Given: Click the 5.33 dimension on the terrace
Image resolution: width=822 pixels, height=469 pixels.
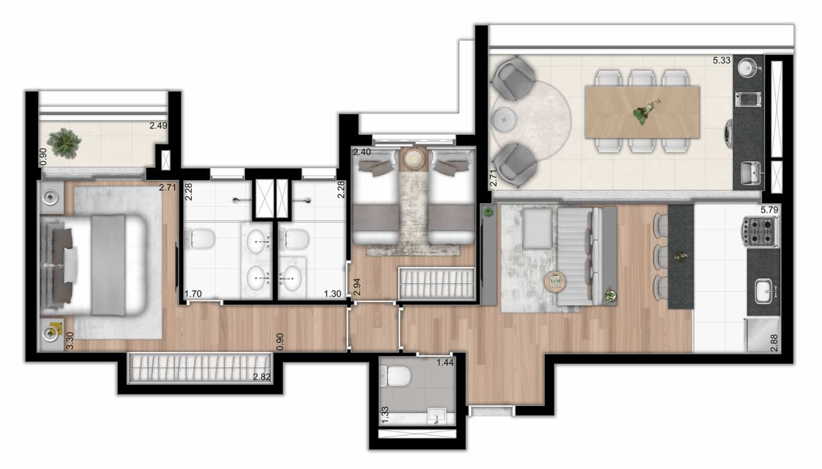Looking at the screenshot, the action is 722,60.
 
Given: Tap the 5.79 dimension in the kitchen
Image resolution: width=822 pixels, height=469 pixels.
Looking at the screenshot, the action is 769,210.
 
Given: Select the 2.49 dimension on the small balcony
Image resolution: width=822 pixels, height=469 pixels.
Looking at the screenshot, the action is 158,125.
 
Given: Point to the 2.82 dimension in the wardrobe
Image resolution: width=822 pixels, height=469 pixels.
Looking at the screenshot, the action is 261,376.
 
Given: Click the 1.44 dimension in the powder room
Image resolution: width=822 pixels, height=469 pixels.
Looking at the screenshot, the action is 445,363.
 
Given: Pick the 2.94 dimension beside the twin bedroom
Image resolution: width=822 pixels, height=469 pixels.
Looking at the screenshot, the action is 356,287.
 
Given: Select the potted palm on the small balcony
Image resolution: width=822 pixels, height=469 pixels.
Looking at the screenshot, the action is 64,143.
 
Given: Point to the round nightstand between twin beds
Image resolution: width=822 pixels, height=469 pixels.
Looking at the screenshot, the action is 414,159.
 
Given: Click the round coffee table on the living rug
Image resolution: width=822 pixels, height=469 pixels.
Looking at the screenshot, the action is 555,282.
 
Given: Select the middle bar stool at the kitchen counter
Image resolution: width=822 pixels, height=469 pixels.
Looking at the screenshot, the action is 661,255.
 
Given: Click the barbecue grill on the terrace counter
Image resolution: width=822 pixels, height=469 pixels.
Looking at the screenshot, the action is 748,100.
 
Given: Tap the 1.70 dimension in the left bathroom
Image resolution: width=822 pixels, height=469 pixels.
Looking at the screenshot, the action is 193,294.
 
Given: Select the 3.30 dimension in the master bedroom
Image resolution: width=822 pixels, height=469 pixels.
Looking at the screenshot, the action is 70,341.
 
